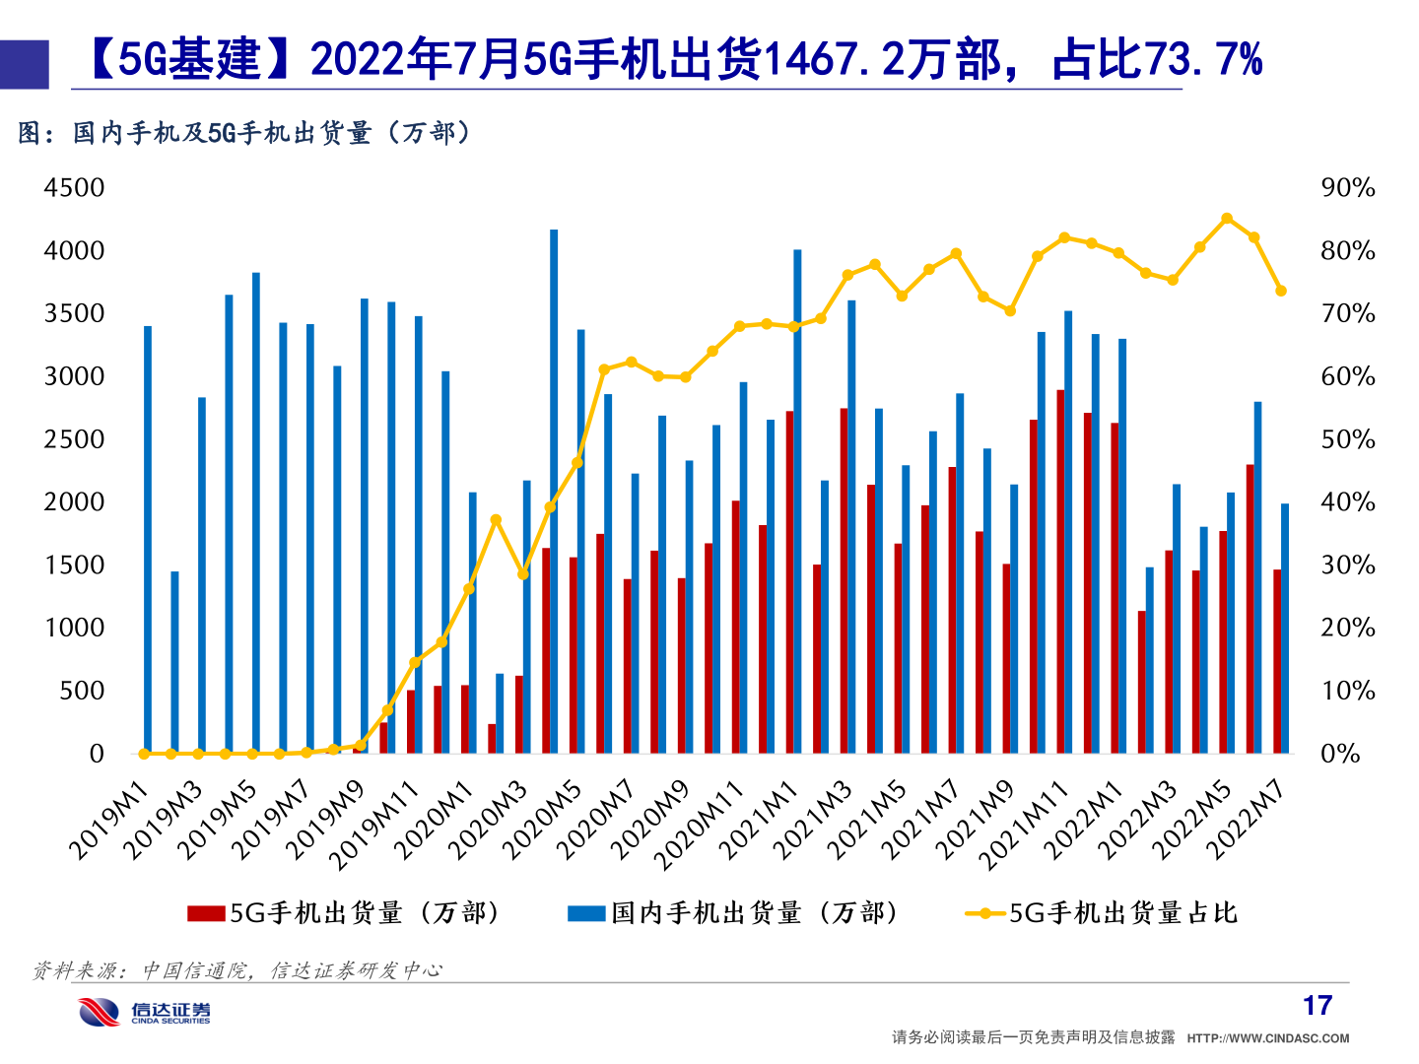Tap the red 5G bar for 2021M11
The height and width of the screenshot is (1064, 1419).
coord(1060,571)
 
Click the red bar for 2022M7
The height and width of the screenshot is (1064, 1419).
coord(1277,661)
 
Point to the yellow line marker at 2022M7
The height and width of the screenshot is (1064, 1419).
coord(1281,291)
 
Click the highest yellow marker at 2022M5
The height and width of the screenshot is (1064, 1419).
coord(1227,219)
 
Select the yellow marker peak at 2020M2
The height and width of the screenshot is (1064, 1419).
coord(496,520)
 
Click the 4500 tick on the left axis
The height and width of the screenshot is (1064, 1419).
coord(74,188)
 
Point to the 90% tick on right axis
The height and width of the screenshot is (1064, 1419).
coord(1347,188)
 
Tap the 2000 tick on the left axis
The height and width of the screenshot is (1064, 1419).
coord(74,502)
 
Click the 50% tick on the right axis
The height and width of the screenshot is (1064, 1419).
coord(1347,439)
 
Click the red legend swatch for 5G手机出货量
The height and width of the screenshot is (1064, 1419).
coord(206,914)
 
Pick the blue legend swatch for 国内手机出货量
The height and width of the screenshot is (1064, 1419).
coord(586,914)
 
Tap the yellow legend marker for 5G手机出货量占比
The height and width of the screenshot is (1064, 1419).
coord(984,914)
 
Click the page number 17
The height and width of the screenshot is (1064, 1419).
coord(1317,1006)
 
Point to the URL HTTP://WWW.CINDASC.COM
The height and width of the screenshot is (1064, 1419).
coord(1268,1038)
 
